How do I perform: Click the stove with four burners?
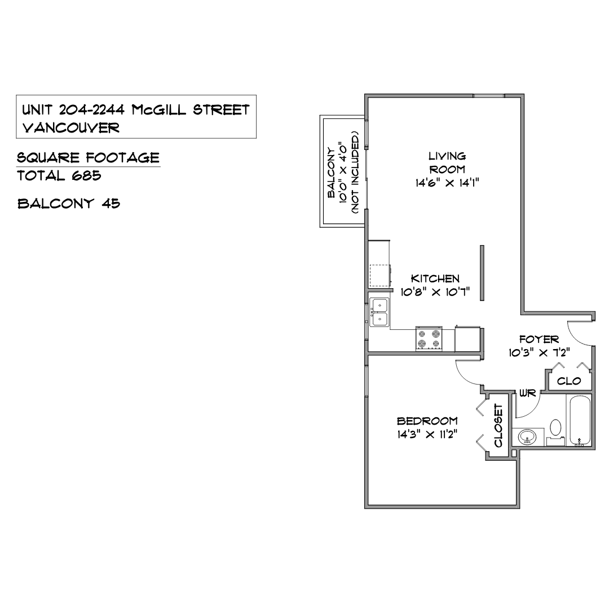click(429, 338)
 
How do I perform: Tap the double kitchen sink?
click(379, 312)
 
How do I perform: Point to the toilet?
click(555, 432)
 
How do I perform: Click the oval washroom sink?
click(527, 436)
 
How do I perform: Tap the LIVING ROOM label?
click(447, 163)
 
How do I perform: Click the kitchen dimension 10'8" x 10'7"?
click(435, 292)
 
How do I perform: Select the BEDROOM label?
click(427, 421)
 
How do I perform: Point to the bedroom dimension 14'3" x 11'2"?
click(427, 434)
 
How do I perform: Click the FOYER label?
click(539, 339)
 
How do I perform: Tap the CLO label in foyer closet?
click(569, 381)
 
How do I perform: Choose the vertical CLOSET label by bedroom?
click(498, 426)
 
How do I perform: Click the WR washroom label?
click(527, 394)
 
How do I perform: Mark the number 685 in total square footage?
click(86, 176)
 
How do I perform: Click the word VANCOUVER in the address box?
click(70, 128)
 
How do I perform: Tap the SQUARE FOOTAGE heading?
click(88, 158)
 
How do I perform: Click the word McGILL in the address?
click(158, 111)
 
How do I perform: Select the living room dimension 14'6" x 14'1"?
click(447, 183)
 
